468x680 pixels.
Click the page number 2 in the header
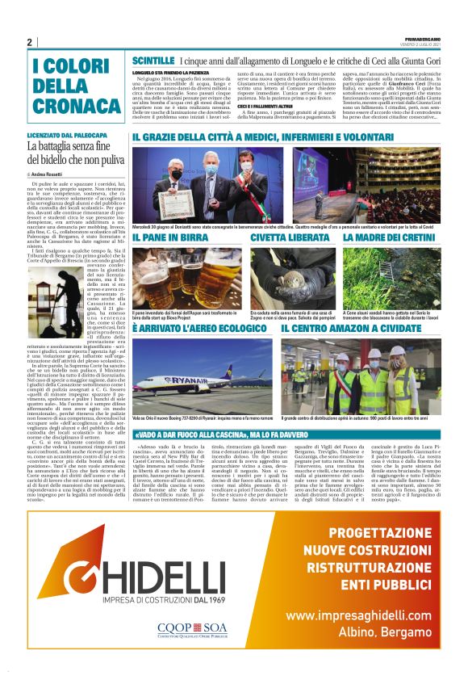coord(29,42)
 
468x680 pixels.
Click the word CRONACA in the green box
coord(67,104)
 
